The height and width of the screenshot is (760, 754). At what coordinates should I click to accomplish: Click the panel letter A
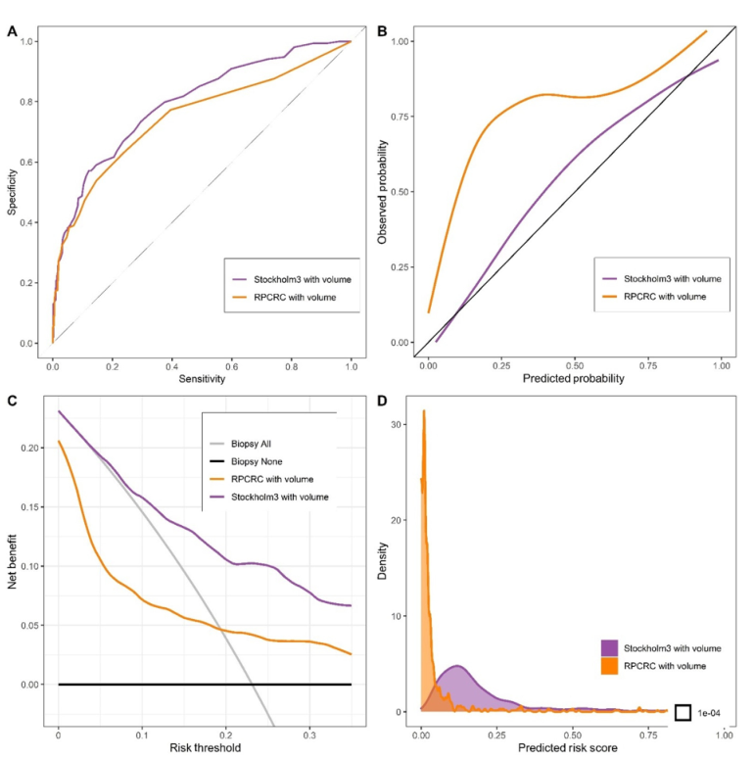[12, 31]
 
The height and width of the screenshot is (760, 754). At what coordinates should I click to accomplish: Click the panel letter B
[383, 31]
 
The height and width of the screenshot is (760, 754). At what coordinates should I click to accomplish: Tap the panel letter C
[12, 399]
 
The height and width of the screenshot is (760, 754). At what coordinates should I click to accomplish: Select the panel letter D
[383, 399]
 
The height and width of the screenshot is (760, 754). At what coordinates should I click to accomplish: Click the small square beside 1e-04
[683, 712]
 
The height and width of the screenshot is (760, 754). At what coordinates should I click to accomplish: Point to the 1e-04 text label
[714, 712]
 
